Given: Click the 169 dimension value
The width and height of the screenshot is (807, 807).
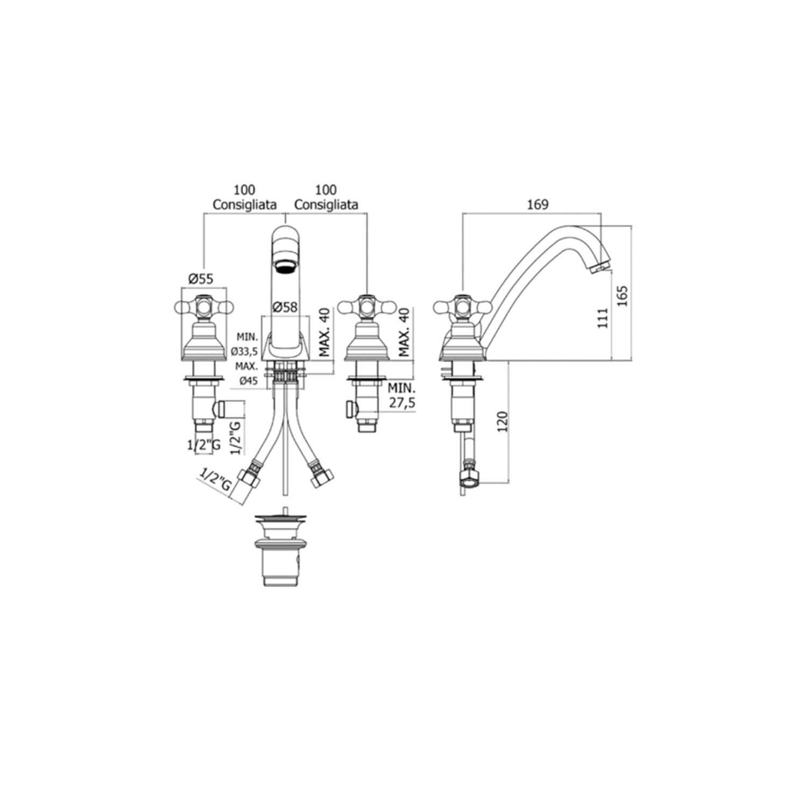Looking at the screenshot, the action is (x=537, y=204).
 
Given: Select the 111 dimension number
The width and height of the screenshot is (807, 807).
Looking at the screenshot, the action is (x=603, y=318).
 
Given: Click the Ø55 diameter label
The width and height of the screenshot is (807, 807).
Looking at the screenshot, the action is (x=200, y=279).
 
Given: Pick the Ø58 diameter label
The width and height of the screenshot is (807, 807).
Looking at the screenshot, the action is (x=285, y=307).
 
